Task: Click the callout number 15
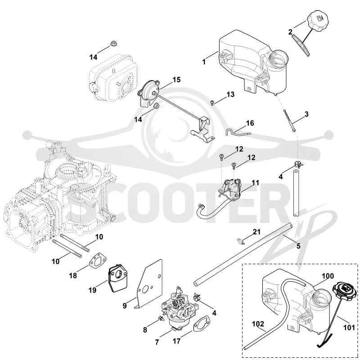tap(176, 80)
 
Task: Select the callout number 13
tap(230, 94)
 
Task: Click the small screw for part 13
tap(212, 102)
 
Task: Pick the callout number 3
tap(306, 114)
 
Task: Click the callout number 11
tap(255, 183)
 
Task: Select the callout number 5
tap(298, 246)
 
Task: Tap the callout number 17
tap(176, 342)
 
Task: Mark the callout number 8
tap(145, 330)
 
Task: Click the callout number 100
tap(328, 276)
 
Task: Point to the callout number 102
tap(258, 324)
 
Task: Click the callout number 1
tap(204, 62)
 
